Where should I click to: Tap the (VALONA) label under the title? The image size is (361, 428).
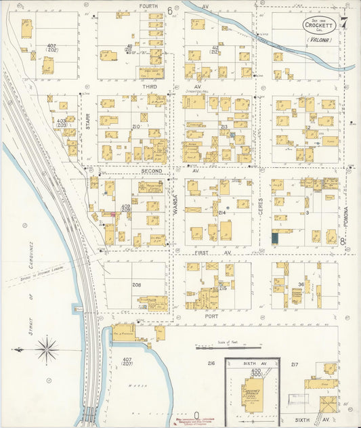pos(318,41)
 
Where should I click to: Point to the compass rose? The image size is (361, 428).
pos(46,349)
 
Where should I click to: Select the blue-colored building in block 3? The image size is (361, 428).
pos(276,238)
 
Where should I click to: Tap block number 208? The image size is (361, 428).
pos(137,284)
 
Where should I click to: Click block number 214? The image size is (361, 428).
pos(221,213)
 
